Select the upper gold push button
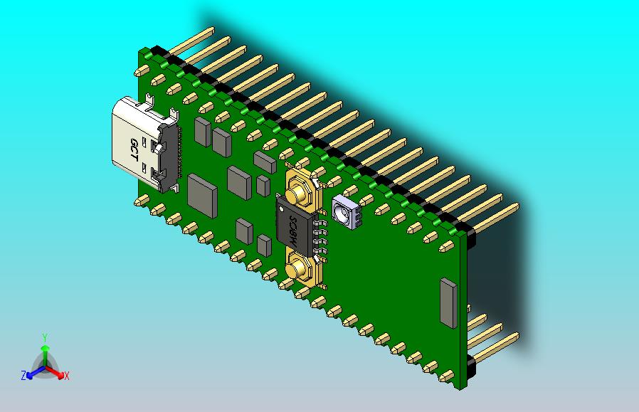[x=297, y=191]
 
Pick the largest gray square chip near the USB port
[x=202, y=194]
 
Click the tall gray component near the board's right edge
[x=448, y=303]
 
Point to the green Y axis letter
[x=44, y=337]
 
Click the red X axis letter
[x=66, y=376]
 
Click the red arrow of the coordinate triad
[x=56, y=372]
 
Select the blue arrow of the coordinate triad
[x=33, y=372]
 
